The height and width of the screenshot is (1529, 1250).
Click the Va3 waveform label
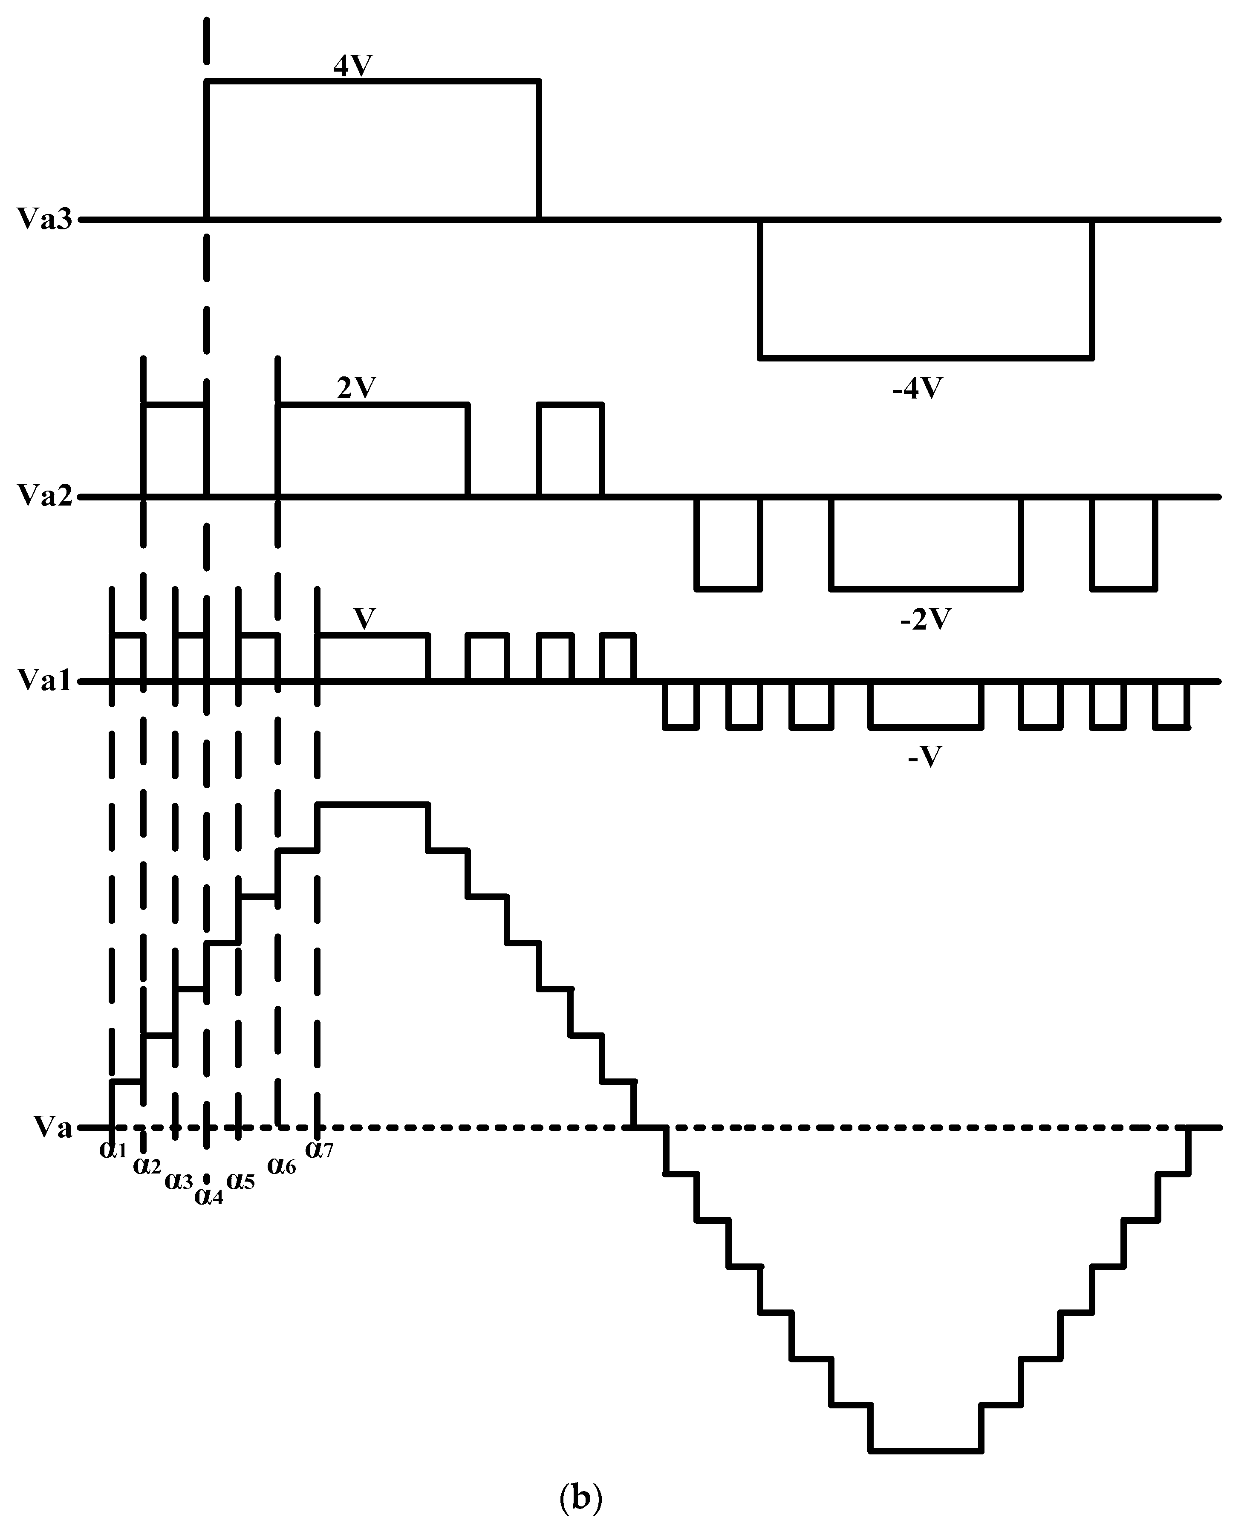(45, 219)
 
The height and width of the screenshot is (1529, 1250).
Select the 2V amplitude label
(356, 389)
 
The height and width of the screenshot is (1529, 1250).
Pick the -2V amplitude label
(925, 619)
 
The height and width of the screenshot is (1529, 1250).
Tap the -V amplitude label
(925, 757)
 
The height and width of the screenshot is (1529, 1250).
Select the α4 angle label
(209, 1196)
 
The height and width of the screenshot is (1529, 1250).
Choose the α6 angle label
(282, 1165)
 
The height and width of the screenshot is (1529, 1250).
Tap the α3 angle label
(179, 1181)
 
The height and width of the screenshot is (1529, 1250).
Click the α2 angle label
(147, 1165)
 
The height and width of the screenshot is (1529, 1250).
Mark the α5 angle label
(240, 1181)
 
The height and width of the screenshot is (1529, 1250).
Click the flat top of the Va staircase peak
(373, 804)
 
